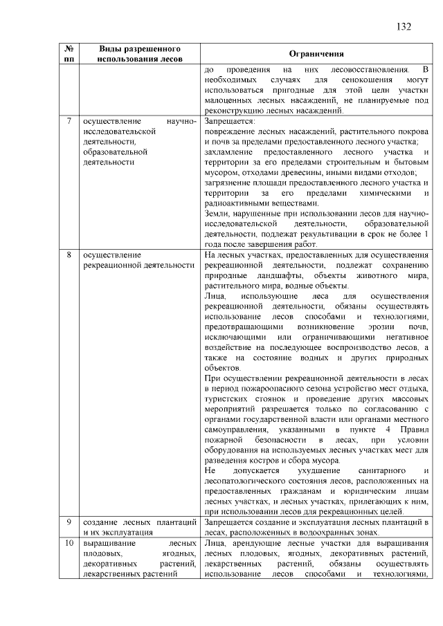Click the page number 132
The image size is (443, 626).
(404, 27)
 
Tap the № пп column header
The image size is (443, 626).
(69, 55)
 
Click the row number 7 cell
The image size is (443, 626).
(69, 122)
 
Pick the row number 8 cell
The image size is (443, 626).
(69, 255)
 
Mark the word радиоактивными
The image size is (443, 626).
(236, 204)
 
